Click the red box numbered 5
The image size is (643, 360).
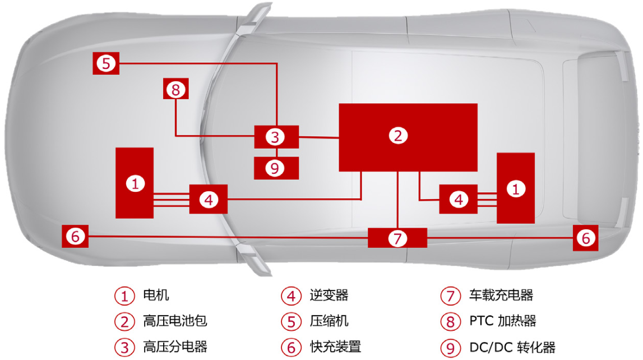click(x=106, y=63)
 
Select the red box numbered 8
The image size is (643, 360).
click(x=176, y=89)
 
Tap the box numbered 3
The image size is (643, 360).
click(x=276, y=137)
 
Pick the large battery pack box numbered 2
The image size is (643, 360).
click(x=408, y=137)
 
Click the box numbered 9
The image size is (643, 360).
click(x=276, y=168)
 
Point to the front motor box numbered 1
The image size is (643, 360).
click(x=135, y=183)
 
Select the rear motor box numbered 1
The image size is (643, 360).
click(x=516, y=188)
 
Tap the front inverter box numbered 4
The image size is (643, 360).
click(x=209, y=199)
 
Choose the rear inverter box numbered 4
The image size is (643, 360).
click(x=458, y=199)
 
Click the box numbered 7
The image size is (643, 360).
click(x=397, y=238)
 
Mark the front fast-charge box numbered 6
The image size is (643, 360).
click(x=75, y=236)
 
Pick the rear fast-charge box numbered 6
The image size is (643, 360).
click(x=586, y=237)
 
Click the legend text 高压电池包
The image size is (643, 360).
click(x=175, y=321)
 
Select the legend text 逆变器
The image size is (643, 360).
click(x=329, y=295)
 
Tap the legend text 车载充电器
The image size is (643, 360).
click(x=501, y=295)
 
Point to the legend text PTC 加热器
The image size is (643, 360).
click(x=503, y=321)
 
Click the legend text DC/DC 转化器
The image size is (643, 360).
click(x=512, y=347)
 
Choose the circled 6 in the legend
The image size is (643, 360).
click(x=291, y=348)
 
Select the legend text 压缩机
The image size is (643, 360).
click(x=329, y=321)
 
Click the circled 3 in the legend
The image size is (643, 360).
click(x=124, y=348)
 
